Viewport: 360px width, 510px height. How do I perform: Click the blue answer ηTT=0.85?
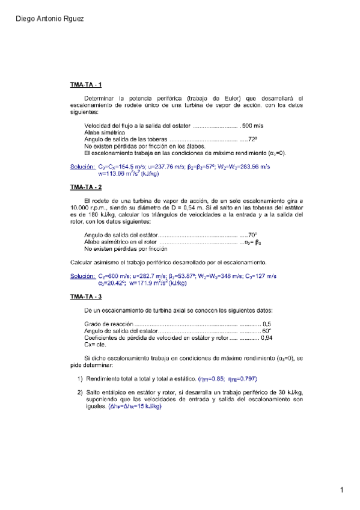coord(213,379)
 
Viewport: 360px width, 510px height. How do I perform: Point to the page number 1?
coord(341,491)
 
